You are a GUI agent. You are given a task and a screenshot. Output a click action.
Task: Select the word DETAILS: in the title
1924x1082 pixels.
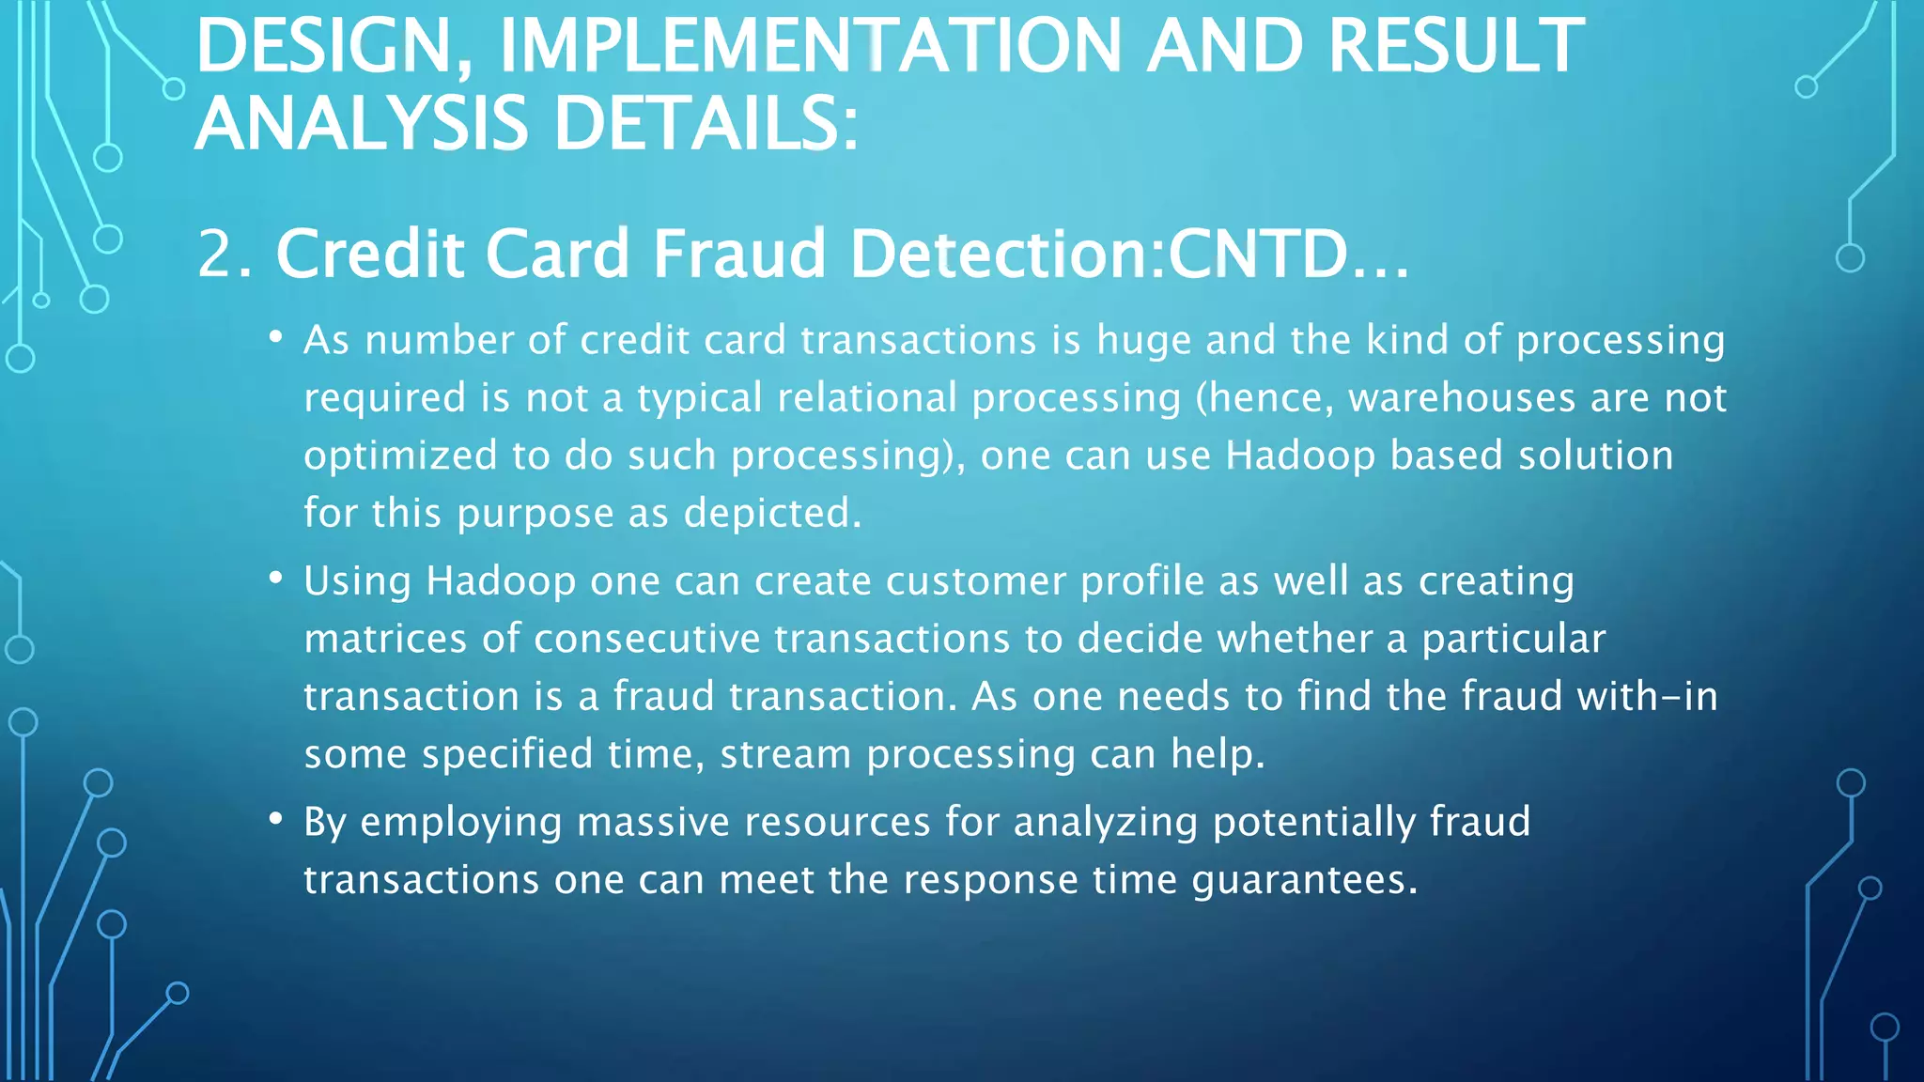(705, 124)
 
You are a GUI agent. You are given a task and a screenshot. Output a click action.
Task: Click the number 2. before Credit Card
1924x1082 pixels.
(225, 255)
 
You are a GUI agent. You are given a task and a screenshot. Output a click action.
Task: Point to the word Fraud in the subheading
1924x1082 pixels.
(738, 255)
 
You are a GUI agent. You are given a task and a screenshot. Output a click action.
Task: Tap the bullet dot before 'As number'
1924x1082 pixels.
(275, 337)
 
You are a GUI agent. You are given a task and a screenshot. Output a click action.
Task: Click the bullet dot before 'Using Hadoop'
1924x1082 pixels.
(275, 579)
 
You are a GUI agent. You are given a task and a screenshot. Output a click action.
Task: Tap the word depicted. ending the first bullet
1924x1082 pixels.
(772, 514)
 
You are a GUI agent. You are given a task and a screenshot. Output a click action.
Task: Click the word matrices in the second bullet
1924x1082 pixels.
(385, 640)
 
